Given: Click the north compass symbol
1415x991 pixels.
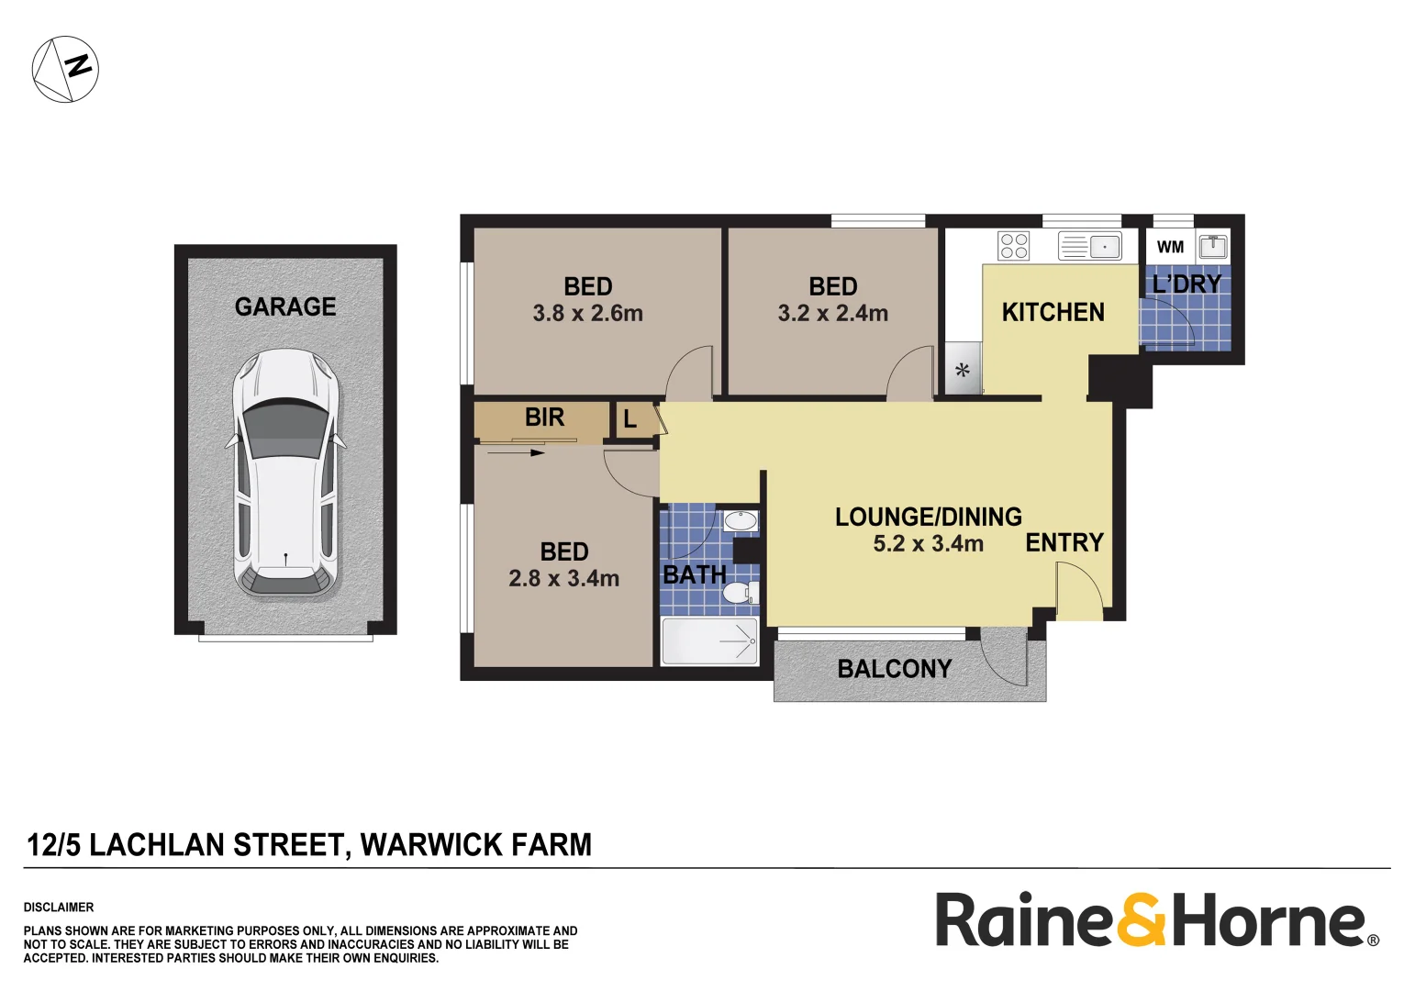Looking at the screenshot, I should (x=65, y=69).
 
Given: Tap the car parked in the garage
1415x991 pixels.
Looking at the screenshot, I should (x=285, y=473).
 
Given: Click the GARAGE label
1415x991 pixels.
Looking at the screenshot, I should (x=285, y=306).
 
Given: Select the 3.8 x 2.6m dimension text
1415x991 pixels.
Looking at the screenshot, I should (x=587, y=314).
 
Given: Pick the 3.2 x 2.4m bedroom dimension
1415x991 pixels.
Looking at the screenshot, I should (x=832, y=314).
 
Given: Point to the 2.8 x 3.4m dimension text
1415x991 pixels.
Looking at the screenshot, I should (x=563, y=579).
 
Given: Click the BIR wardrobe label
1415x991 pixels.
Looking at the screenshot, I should (x=544, y=418).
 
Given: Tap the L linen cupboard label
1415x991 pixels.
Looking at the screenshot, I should (x=630, y=420).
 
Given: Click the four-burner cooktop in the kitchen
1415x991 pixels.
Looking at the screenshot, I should (x=1014, y=246).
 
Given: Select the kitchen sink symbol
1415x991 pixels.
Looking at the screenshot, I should (x=1089, y=246).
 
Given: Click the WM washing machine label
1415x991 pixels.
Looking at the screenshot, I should (x=1170, y=247).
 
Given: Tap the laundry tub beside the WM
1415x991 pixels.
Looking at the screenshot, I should (x=1213, y=246).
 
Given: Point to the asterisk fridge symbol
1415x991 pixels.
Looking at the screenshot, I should (x=963, y=372).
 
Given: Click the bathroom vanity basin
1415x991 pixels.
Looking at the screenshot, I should (x=740, y=522).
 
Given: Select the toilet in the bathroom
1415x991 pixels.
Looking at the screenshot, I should (x=740, y=592).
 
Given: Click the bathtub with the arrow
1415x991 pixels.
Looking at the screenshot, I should (x=709, y=640).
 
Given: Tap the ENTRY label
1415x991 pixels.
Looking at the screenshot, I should (x=1064, y=543).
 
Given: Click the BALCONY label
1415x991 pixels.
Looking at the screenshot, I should (x=894, y=669).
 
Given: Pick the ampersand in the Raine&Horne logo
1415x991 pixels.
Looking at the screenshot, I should (x=1141, y=920).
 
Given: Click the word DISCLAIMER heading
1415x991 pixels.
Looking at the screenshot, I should (x=59, y=907).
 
